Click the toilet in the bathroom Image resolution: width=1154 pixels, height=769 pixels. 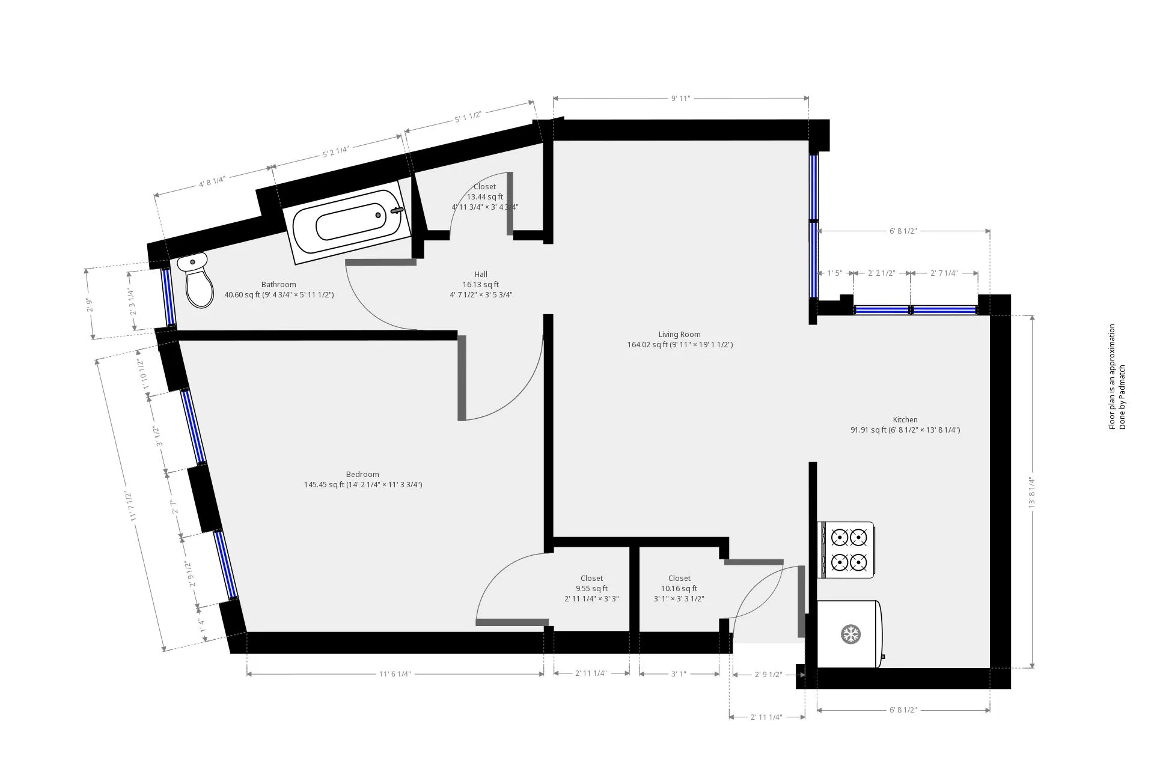(x=197, y=280)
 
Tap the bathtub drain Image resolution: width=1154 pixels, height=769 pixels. (x=378, y=215)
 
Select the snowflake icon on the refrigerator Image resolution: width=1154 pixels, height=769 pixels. (x=850, y=634)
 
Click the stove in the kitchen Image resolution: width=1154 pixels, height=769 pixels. (x=846, y=550)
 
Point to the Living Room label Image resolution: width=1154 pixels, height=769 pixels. (x=680, y=335)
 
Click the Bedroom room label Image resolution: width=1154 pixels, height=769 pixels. (x=362, y=475)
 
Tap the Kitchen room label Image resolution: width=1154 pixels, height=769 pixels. (x=905, y=420)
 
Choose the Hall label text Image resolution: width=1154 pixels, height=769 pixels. (x=481, y=275)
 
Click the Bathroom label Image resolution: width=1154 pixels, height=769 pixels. (x=279, y=285)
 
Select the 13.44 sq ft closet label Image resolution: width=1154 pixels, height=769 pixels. (x=485, y=196)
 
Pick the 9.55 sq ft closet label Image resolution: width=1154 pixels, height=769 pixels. (x=591, y=589)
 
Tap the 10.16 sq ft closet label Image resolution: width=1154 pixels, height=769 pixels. (x=679, y=589)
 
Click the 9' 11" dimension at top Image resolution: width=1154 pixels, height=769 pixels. (x=681, y=99)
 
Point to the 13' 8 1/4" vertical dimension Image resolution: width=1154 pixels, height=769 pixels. (x=1032, y=493)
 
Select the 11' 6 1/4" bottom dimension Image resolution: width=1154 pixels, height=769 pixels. (x=395, y=674)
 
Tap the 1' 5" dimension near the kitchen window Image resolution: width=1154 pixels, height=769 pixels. (x=835, y=273)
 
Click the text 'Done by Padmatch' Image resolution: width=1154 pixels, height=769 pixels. (x=1122, y=397)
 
